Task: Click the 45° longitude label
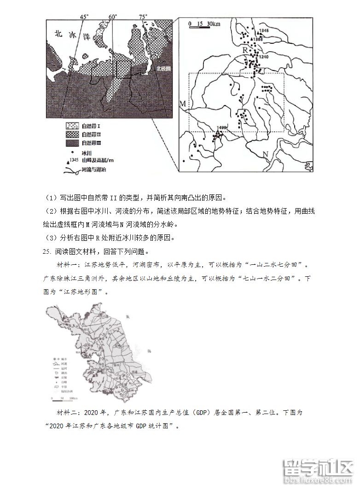84,17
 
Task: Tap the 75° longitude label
143,17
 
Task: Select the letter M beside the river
182,104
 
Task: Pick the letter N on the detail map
265,153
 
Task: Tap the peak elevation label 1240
263,57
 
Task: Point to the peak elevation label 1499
222,127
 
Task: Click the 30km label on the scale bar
213,23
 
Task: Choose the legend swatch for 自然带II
71,134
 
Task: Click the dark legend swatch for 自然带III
71,143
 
